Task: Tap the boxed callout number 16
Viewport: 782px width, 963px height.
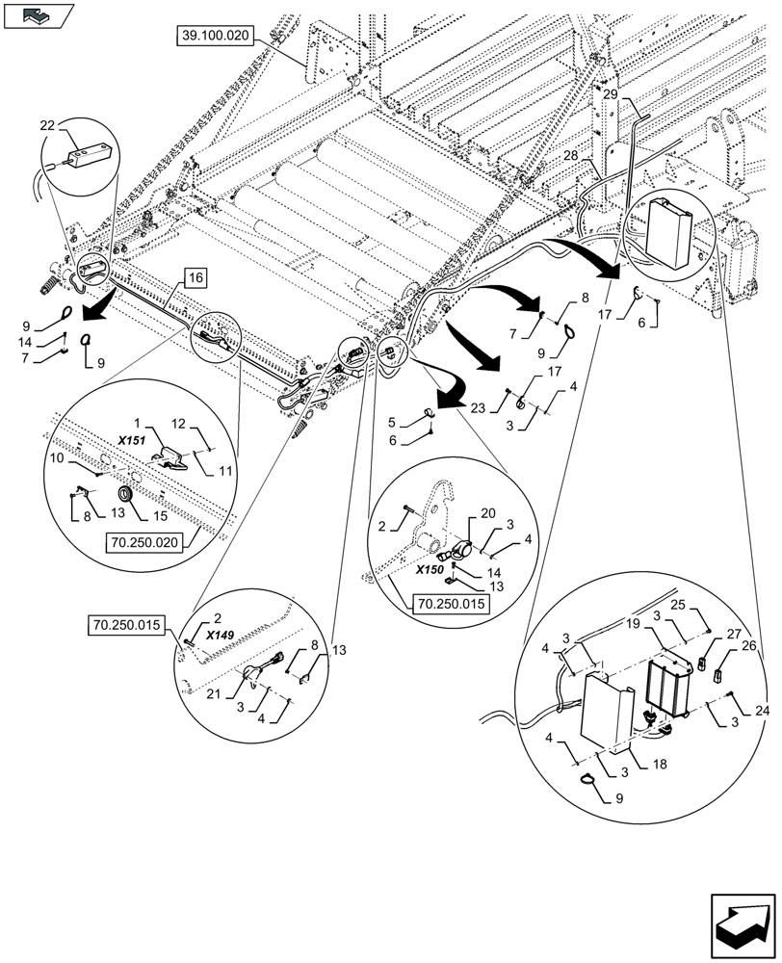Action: (x=194, y=279)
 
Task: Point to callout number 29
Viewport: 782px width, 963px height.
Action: (x=611, y=94)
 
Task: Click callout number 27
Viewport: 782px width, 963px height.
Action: (x=734, y=635)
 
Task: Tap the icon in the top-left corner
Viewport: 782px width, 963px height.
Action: (x=39, y=14)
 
